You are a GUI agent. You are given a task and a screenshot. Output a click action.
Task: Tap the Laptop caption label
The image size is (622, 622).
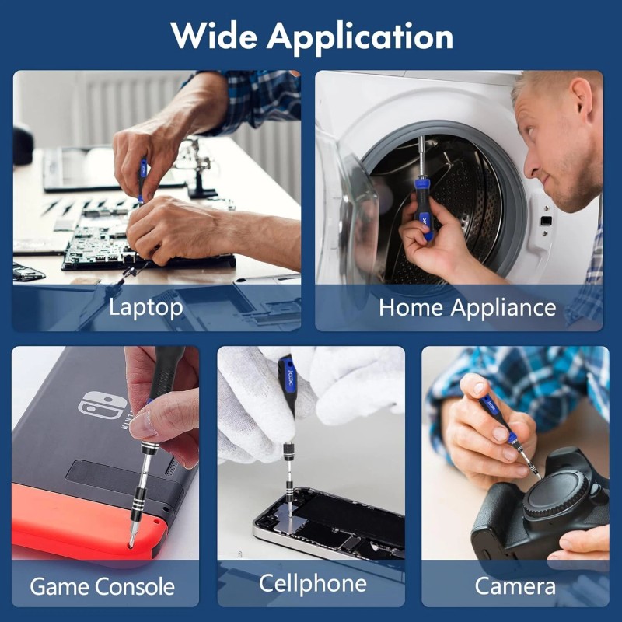click(146, 306)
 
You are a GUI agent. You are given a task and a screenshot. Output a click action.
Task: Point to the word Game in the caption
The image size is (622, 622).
click(60, 585)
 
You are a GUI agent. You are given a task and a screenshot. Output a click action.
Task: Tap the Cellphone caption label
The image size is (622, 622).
click(313, 582)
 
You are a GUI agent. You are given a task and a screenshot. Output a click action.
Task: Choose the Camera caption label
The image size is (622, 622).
click(515, 585)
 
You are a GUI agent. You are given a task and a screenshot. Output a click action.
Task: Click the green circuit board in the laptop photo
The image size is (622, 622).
click(101, 241)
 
